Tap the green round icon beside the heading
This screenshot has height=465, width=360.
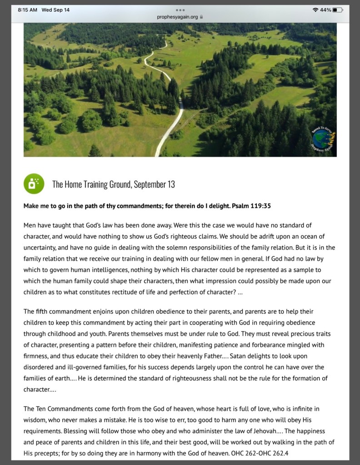[x=34, y=184]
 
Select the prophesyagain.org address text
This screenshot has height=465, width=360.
[x=177, y=17]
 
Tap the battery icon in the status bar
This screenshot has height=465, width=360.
[x=337, y=10]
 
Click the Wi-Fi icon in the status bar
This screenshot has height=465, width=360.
[x=315, y=10]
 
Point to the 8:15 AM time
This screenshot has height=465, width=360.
[x=27, y=10]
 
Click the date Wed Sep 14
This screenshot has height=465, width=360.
[x=55, y=10]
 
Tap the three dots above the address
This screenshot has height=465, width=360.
[x=180, y=10]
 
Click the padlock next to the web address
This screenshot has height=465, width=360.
[x=201, y=17]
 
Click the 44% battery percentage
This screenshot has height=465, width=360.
[x=325, y=10]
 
